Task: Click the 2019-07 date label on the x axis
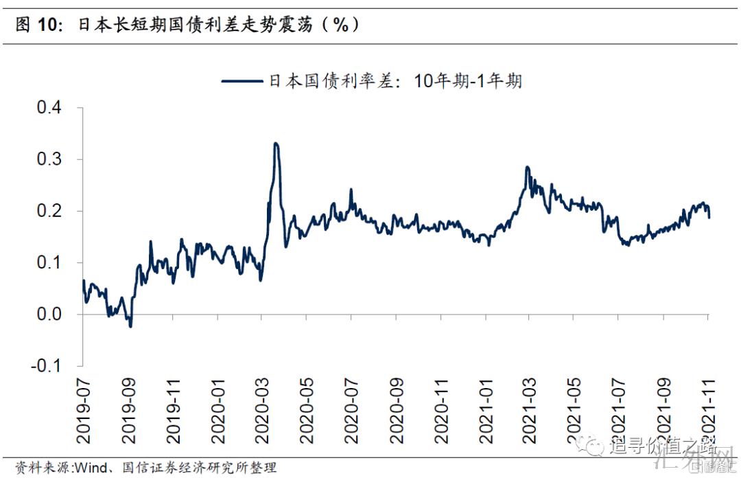tap(83, 413)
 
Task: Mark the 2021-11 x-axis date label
tap(709, 413)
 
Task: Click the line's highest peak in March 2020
tap(275, 144)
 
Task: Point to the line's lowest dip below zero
tap(130, 326)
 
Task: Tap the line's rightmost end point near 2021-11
tap(709, 218)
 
